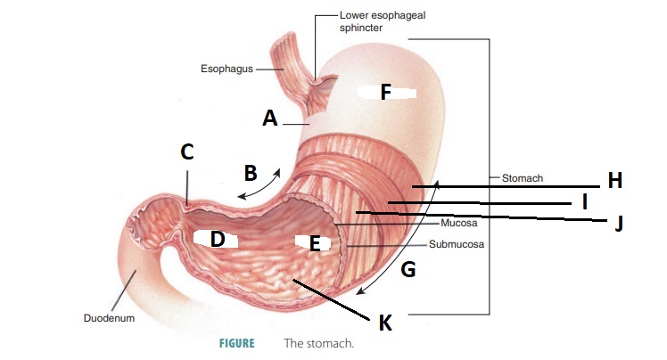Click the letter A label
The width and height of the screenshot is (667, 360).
tap(270, 118)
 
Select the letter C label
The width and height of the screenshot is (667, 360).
tap(186, 152)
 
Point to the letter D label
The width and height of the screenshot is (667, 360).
tap(217, 239)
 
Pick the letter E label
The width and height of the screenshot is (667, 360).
tap(314, 242)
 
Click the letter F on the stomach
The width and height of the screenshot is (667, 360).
tap(385, 92)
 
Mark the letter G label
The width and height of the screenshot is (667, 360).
tap(408, 268)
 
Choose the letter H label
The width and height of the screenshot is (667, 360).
tap(614, 181)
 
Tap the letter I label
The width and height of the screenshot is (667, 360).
tap(584, 202)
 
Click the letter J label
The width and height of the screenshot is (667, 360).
tap(618, 224)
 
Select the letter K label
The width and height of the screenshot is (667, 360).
tap(385, 322)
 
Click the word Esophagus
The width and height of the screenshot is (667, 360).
tap(226, 68)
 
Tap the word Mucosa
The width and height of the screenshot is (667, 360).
tap(460, 225)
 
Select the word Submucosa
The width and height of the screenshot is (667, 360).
tap(457, 243)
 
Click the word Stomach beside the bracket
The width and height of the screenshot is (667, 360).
tap(523, 178)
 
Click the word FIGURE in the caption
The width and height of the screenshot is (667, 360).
tap(236, 343)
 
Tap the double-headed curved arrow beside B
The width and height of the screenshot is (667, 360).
tap(261, 182)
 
